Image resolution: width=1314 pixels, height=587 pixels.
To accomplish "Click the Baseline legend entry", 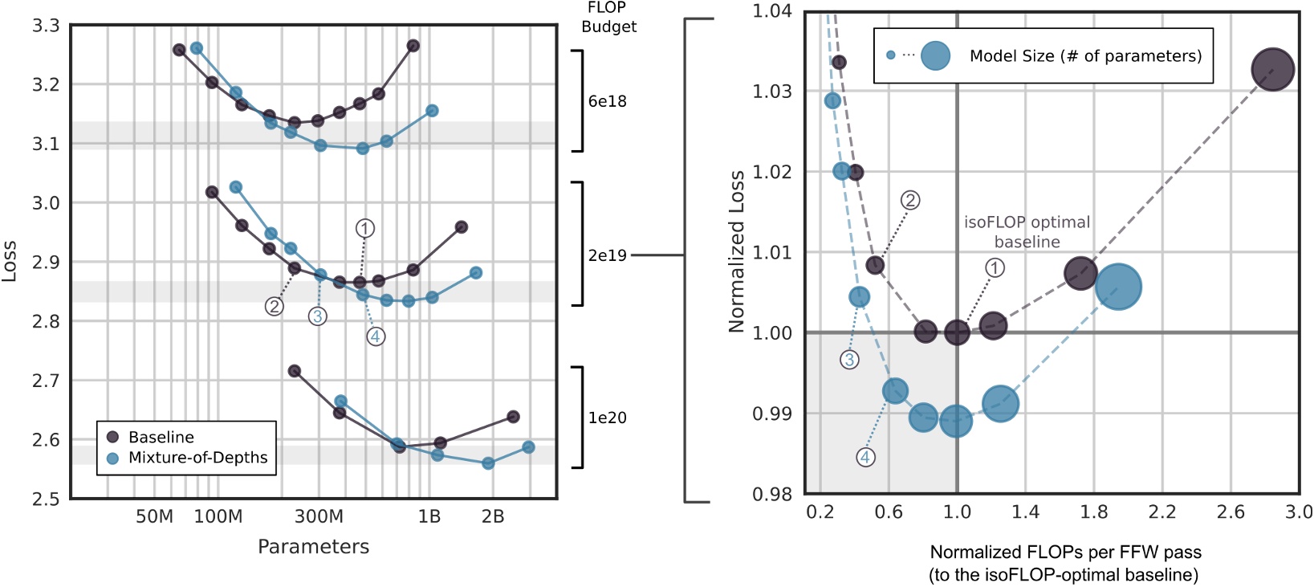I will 161,437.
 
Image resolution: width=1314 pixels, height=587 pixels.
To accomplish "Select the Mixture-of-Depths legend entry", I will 197,458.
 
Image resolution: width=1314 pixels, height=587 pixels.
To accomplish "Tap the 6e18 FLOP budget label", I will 608,101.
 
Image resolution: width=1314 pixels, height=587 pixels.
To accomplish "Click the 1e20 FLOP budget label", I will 608,418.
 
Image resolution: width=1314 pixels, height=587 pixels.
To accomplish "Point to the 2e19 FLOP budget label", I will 608,255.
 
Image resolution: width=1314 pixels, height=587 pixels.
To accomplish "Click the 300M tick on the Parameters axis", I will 319,516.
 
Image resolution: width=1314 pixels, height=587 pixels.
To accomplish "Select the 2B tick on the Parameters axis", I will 493,516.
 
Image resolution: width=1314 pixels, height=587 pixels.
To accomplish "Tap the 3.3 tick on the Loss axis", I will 46,26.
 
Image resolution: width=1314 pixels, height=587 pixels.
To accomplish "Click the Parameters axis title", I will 313,547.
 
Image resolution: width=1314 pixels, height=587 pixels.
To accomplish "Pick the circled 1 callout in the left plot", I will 365,229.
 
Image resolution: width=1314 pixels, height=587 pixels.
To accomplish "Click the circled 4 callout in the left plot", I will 376,336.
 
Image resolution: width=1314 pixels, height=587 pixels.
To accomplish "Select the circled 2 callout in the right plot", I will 909,201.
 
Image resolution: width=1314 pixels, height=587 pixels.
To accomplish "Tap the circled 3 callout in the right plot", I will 849,360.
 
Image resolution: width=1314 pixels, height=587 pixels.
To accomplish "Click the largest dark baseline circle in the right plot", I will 1272,69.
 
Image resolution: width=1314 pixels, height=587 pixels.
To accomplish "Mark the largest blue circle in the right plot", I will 1118,287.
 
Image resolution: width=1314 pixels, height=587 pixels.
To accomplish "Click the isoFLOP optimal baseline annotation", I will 1027,232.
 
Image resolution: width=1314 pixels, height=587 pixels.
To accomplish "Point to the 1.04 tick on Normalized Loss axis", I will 771,11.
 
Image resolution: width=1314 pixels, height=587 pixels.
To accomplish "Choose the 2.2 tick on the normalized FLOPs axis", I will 1161,512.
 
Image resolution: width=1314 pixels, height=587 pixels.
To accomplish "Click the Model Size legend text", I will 1085,56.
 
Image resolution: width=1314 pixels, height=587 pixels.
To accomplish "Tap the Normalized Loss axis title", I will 735,252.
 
